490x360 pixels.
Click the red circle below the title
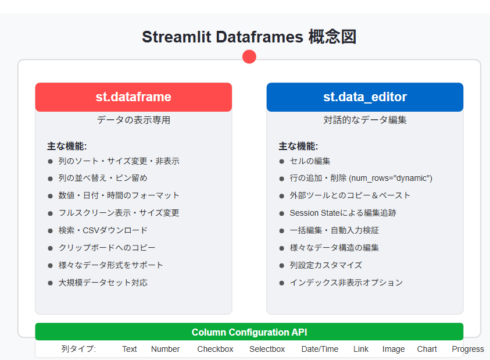(249, 56)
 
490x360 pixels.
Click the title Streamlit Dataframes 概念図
(249, 37)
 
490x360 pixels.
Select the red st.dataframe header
(133, 97)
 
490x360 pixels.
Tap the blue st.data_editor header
(364, 97)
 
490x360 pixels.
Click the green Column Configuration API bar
(249, 332)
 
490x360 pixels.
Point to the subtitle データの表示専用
(133, 120)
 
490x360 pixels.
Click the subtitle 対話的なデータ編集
(364, 120)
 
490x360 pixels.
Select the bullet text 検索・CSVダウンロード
(102, 230)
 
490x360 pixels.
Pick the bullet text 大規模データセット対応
(102, 283)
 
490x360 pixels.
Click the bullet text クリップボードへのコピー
(106, 248)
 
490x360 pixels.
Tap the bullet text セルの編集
(310, 161)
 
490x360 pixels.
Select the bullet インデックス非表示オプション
(346, 283)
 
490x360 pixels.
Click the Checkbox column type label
(215, 349)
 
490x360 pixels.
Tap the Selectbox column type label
(267, 349)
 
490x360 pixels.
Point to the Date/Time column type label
(320, 349)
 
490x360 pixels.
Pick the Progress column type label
(467, 349)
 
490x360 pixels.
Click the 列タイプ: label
(78, 349)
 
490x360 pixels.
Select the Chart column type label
(427, 349)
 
